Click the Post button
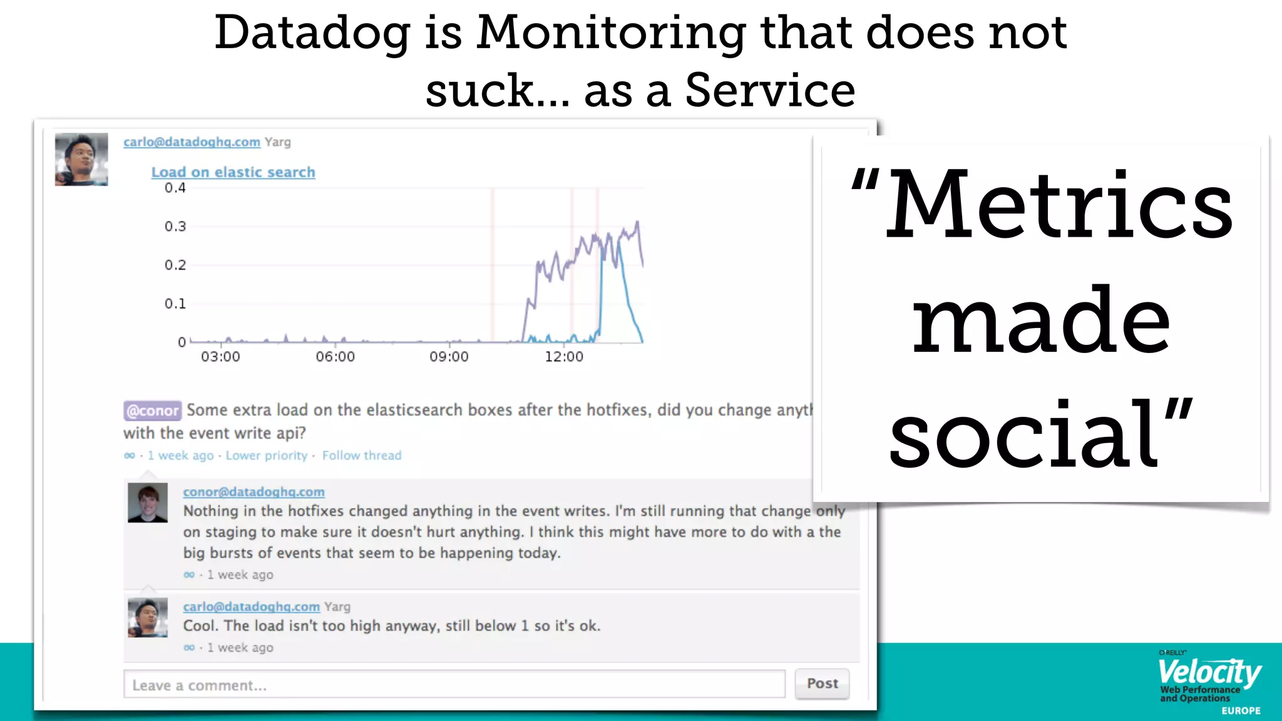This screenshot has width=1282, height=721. [x=822, y=683]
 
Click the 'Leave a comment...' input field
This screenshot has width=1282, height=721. [x=454, y=684]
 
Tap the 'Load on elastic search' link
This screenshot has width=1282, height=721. [x=233, y=172]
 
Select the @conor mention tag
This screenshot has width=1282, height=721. [x=152, y=411]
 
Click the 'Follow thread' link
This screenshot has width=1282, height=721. [x=362, y=456]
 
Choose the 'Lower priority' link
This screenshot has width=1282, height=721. [x=267, y=456]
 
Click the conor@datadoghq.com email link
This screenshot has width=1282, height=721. [x=254, y=492]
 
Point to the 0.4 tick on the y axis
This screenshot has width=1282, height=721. [x=175, y=188]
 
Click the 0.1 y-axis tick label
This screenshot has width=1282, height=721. [x=175, y=304]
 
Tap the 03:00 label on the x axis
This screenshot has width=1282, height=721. [x=220, y=357]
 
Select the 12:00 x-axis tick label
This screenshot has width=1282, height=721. [x=564, y=357]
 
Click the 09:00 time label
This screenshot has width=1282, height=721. [x=449, y=357]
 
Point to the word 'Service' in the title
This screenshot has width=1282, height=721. [x=770, y=90]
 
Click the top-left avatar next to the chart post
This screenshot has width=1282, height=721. [x=81, y=159]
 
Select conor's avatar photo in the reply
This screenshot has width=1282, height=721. [x=148, y=502]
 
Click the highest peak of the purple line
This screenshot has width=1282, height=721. [x=637, y=222]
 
